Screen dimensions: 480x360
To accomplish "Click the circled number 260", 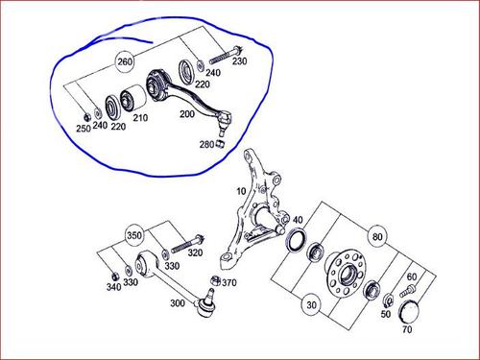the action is coord(125,61).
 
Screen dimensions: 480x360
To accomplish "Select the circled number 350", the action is coord(134,235).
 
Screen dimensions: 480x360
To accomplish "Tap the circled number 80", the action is coord(377,237).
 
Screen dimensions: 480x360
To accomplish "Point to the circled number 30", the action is coord(311,305).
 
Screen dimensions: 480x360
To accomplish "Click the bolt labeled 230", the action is coord(226,56).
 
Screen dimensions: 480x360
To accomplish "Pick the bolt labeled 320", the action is coord(187,244).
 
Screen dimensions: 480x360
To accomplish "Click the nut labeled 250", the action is coord(85,117).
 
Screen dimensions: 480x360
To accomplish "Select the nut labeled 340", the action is coord(113,276).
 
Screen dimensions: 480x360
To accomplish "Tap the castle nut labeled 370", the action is coord(215,280).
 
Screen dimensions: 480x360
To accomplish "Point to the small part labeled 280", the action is coord(220,144).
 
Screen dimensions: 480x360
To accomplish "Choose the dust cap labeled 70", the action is coord(409,311).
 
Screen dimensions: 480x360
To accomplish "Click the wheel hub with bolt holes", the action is coord(345,273).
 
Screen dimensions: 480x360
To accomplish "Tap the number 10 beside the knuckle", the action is coord(241,191).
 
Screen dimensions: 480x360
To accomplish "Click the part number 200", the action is coord(187,113).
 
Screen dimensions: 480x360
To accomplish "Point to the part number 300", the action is coord(178,302).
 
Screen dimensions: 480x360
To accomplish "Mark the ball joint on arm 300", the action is coord(207,304).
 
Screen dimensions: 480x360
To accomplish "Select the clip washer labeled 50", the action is coord(388,300).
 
